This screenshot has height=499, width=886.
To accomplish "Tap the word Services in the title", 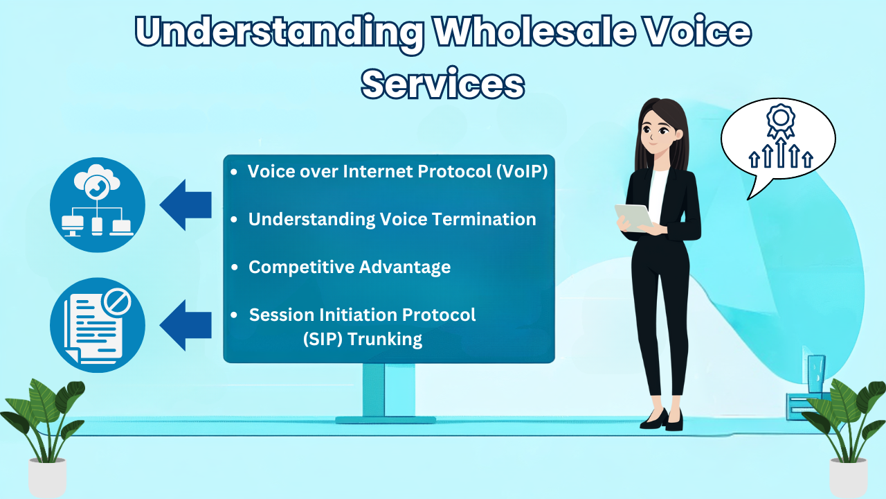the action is click(443, 84).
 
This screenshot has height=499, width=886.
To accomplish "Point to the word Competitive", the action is click(301, 268).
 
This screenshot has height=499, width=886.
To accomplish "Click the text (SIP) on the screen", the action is click(323, 340).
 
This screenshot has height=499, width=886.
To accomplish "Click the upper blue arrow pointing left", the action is click(186, 204).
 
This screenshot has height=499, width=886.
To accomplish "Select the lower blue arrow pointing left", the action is click(186, 325).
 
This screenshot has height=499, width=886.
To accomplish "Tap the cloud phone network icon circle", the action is click(98, 204).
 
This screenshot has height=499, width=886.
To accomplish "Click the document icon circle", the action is click(98, 325).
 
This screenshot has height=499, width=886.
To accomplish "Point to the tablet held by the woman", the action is click(633, 218).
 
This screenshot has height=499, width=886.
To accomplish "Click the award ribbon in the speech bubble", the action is click(780, 121).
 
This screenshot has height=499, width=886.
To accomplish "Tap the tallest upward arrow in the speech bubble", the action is click(780, 152).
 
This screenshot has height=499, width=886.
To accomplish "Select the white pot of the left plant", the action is click(48, 478).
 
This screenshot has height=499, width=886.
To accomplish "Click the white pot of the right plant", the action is click(849, 478).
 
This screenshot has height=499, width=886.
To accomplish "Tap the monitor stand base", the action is click(386, 420).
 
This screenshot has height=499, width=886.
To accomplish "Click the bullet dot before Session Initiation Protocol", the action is click(234, 315).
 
